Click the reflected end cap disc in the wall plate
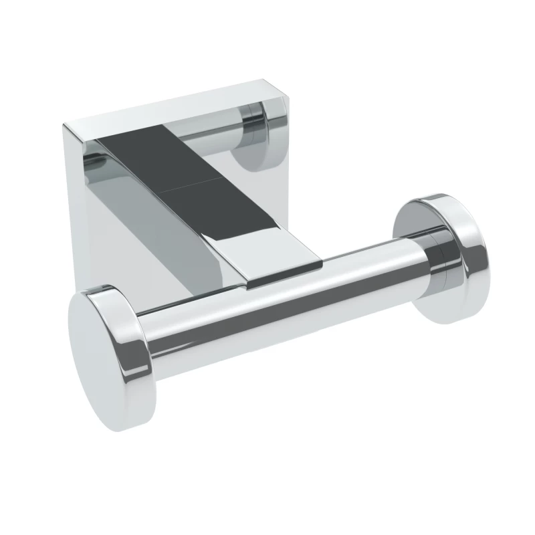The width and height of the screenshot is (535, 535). point(258,140)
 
